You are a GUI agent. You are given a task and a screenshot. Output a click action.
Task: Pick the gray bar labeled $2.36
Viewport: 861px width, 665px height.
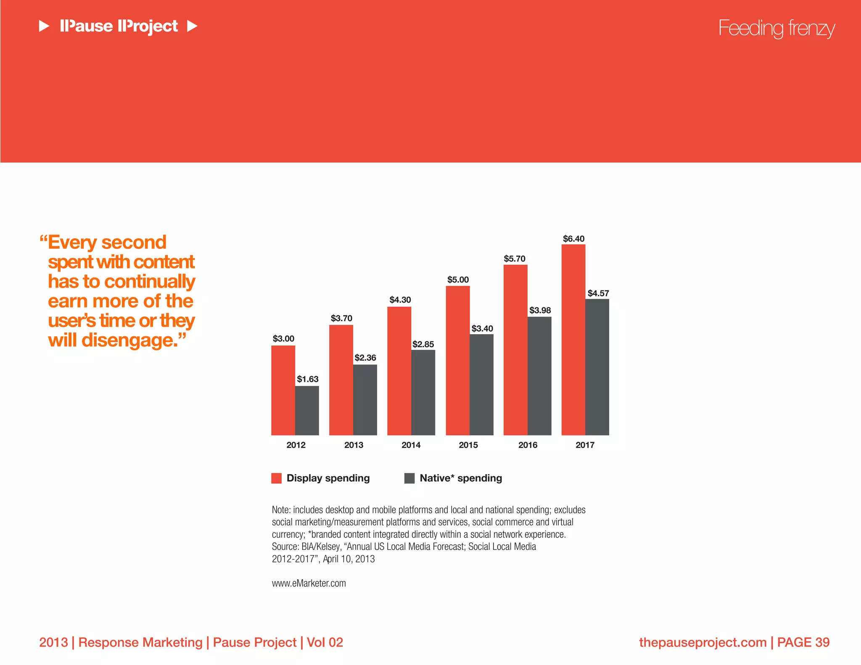pyautogui.click(x=365, y=400)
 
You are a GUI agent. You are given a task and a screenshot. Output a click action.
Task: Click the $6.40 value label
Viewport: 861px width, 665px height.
pyautogui.click(x=573, y=239)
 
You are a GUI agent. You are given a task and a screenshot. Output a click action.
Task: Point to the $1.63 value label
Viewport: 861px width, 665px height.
pyautogui.click(x=308, y=379)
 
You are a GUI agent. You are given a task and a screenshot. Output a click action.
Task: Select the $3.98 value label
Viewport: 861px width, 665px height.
pyautogui.click(x=540, y=310)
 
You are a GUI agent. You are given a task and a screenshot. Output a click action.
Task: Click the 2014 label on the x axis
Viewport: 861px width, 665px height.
pyautogui.click(x=411, y=445)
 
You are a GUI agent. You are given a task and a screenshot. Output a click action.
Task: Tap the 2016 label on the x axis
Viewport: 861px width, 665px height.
pyautogui.click(x=528, y=445)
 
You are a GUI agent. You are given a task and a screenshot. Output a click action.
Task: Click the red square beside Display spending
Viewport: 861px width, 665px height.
pyautogui.click(x=276, y=478)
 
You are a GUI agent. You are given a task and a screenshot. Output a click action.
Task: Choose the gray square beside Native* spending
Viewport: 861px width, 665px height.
pyautogui.click(x=409, y=478)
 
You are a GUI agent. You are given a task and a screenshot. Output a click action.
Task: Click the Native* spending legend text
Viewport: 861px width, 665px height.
pyautogui.click(x=461, y=478)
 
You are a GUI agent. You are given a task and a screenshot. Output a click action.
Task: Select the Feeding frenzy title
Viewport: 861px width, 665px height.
pyautogui.click(x=776, y=28)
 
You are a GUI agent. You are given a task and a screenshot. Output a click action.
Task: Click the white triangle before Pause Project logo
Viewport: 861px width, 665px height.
pyautogui.click(x=44, y=26)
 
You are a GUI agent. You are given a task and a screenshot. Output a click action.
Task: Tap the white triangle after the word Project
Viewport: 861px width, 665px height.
pyautogui.click(x=192, y=26)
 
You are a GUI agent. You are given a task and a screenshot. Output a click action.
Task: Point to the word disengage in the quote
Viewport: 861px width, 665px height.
pyautogui.click(x=129, y=340)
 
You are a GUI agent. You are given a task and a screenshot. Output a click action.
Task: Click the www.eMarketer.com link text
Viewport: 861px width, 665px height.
pyautogui.click(x=309, y=583)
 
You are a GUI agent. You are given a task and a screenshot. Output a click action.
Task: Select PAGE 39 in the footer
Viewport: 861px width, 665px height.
pyautogui.click(x=803, y=642)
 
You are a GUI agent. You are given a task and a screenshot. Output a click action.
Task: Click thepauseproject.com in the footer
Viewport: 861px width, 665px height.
pyautogui.click(x=703, y=642)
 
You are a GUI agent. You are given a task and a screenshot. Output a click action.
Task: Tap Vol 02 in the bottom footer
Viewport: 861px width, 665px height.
pyautogui.click(x=325, y=642)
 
